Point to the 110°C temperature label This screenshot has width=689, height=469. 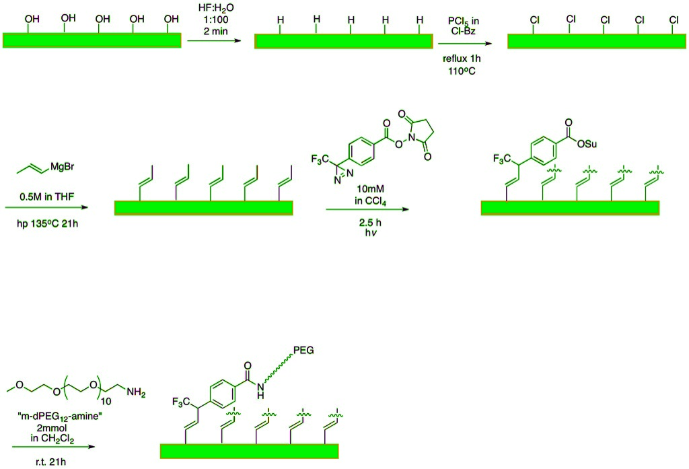click(464, 70)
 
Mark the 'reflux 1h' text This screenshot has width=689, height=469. click(464, 59)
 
